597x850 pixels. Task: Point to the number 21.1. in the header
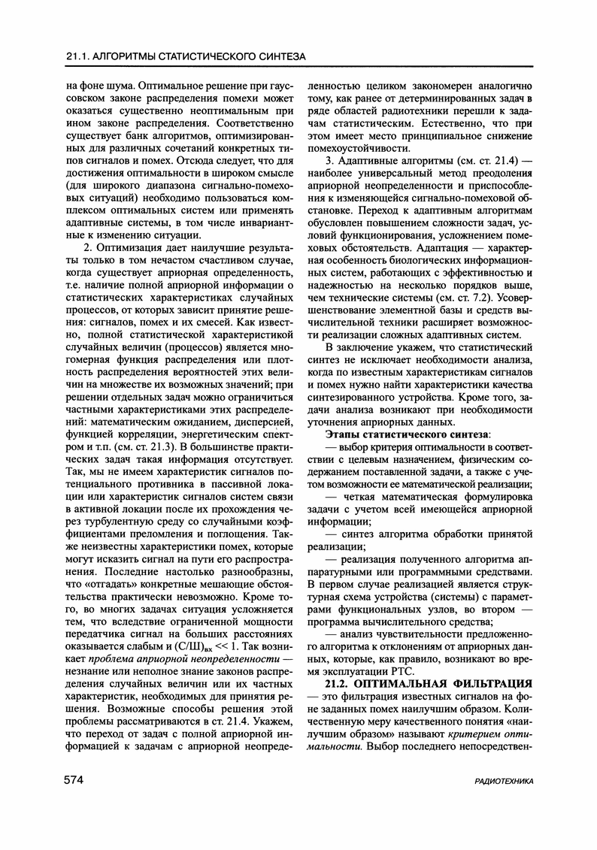79,56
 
